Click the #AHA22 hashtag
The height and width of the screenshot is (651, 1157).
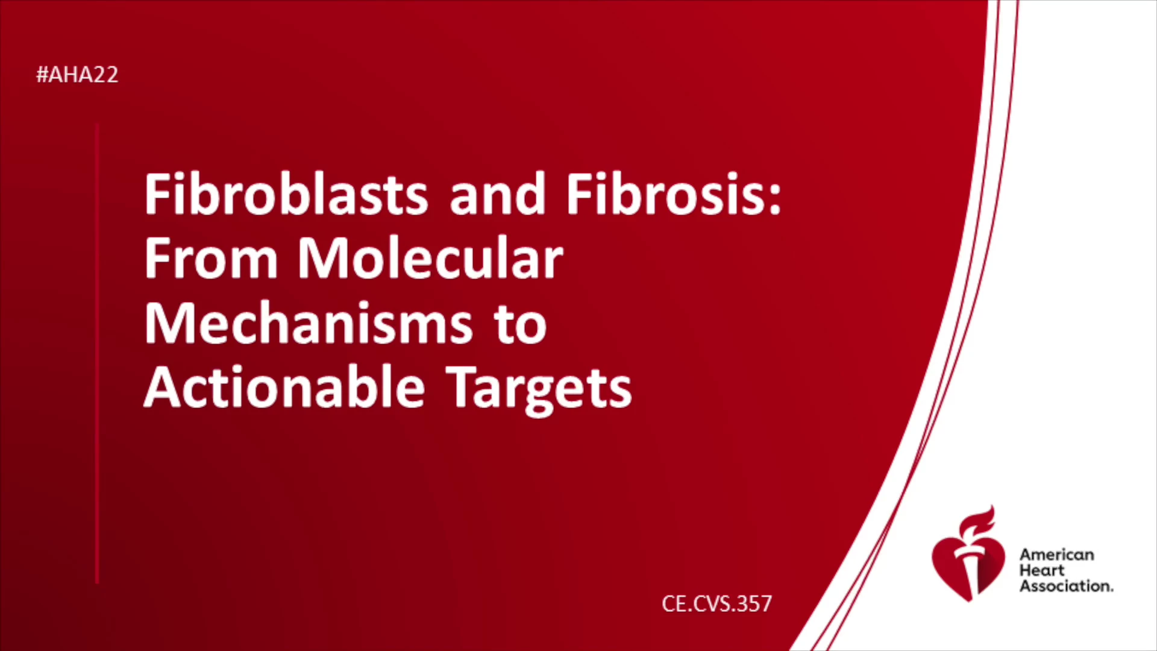77,75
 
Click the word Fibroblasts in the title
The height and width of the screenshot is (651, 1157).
286,194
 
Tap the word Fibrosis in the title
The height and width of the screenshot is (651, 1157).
666,194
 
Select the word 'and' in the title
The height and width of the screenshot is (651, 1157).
498,194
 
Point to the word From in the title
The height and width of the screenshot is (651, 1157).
211,258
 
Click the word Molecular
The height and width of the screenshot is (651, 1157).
430,258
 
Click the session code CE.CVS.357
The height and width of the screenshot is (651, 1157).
716,603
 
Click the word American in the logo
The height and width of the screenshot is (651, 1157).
1056,555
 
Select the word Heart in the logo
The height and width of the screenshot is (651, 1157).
1042,570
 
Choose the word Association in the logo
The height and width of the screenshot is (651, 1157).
1066,586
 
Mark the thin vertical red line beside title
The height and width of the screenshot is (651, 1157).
97,353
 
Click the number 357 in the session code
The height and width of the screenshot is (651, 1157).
754,603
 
